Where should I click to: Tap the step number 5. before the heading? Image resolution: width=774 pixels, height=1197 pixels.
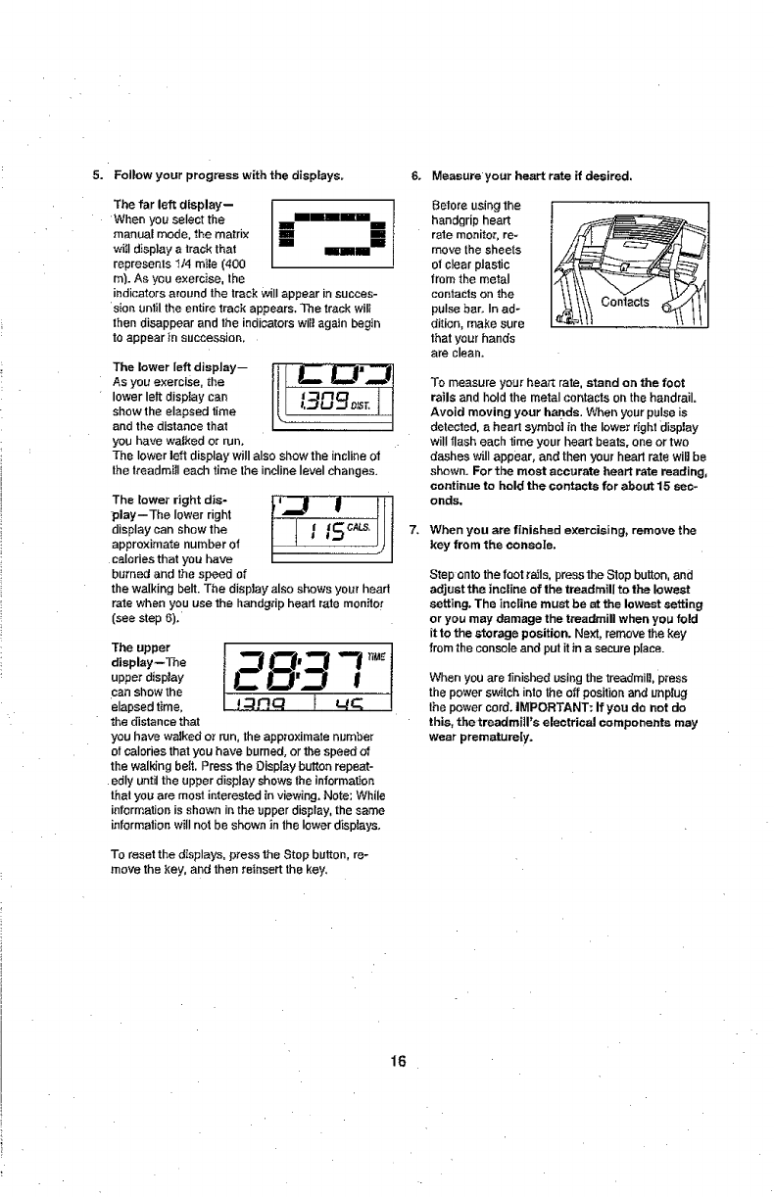click(97, 176)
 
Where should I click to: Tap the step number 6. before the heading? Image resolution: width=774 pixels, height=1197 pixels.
click(415, 176)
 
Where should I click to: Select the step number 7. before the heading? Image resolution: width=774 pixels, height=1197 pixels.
click(415, 530)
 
